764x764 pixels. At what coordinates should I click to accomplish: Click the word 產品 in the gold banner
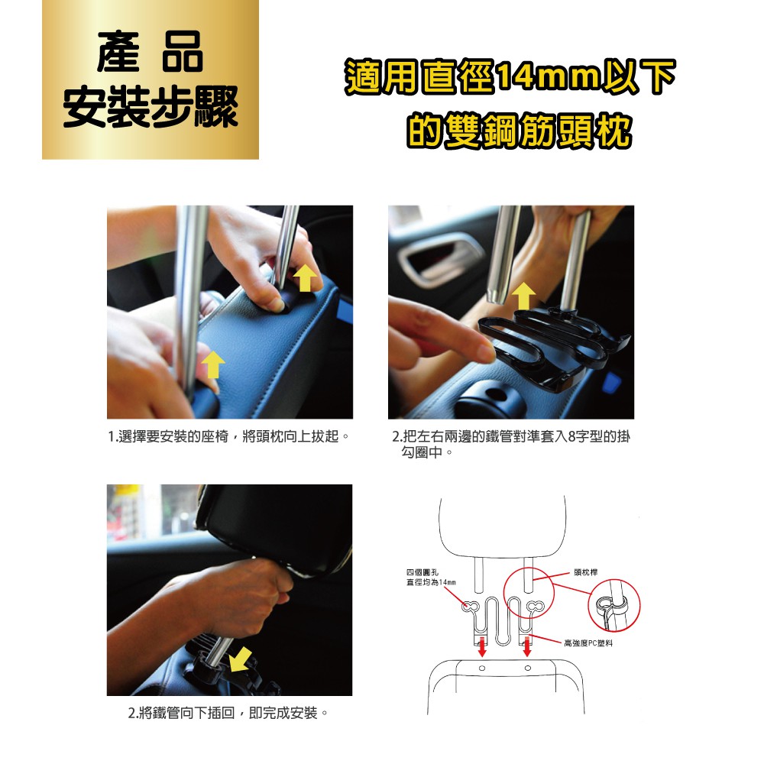(150, 52)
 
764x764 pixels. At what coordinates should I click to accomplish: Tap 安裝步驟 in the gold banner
(151, 107)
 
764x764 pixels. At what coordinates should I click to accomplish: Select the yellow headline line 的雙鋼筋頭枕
(520, 130)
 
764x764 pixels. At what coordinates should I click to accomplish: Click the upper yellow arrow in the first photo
(305, 277)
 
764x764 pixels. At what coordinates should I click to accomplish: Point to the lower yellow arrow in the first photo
(212, 365)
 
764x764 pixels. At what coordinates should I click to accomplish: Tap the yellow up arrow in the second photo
(524, 296)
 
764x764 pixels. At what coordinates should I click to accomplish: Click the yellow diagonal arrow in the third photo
(241, 660)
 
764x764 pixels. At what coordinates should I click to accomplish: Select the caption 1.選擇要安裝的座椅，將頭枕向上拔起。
(228, 436)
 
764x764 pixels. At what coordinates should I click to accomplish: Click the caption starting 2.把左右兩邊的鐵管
(511, 444)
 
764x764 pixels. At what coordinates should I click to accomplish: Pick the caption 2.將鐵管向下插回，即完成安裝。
(228, 713)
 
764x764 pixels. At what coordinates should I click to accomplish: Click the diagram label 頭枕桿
(586, 572)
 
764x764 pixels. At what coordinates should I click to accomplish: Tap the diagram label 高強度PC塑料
(588, 643)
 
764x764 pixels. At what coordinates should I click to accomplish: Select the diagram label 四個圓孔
(422, 572)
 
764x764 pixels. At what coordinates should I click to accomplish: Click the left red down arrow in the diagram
(482, 646)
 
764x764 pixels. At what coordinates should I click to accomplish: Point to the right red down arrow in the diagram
(526, 646)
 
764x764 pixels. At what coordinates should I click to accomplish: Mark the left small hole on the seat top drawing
(482, 668)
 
